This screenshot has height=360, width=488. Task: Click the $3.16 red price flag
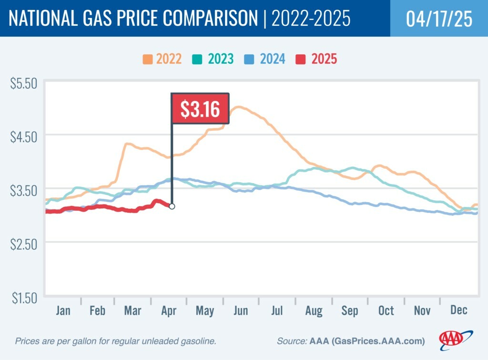pyautogui.click(x=200, y=109)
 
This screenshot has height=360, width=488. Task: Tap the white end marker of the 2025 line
pyautogui.click(x=172, y=206)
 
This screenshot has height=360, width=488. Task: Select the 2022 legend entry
pyautogui.click(x=162, y=60)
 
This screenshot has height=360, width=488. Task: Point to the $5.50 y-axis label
pyautogui.click(x=24, y=83)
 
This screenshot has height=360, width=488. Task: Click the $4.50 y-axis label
pyautogui.click(x=24, y=137)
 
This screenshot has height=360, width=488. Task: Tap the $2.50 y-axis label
pyautogui.click(x=24, y=245)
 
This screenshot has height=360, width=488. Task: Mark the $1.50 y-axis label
pyautogui.click(x=24, y=298)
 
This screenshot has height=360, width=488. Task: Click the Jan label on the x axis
pyautogui.click(x=63, y=311)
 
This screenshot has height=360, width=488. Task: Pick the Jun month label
pyautogui.click(x=241, y=311)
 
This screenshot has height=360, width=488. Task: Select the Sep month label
pyautogui.click(x=350, y=311)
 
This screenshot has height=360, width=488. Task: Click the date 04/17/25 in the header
pyautogui.click(x=439, y=19)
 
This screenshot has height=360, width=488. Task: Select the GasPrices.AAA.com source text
pyautogui.click(x=366, y=341)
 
